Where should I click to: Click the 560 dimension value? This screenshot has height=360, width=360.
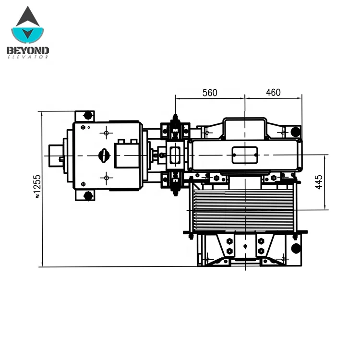pos(210,93)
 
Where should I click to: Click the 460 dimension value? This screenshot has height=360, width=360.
pos(273,93)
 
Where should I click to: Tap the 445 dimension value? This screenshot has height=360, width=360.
pos(319,182)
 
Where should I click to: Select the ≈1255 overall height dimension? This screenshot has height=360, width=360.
pos(37,186)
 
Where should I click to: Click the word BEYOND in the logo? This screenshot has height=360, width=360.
pos(28,50)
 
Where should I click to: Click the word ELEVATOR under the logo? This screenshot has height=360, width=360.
pos(28,57)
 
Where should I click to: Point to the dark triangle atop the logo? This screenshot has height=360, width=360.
pos(28,16)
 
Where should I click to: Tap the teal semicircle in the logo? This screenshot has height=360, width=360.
pos(27,35)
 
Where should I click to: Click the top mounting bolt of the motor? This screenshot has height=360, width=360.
pos(88,115)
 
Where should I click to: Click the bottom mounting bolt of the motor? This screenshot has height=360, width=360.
pos(88,196)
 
